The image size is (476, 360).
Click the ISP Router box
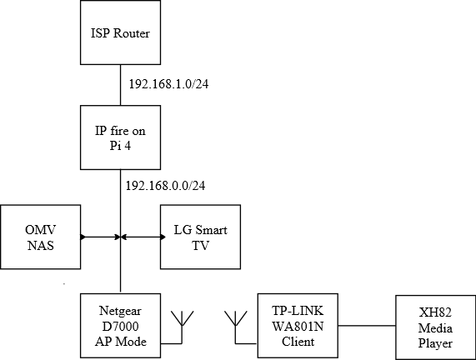pyautogui.click(x=120, y=32)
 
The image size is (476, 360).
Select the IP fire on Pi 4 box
pyautogui.click(x=120, y=137)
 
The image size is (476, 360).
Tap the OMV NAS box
pyautogui.click(x=40, y=237)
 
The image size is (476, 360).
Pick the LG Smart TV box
pyautogui.click(x=200, y=237)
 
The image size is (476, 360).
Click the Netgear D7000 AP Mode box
pyautogui.click(x=120, y=325)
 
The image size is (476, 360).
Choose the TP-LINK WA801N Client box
pyautogui.click(x=298, y=325)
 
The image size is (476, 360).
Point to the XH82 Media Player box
pyautogui.click(x=436, y=327)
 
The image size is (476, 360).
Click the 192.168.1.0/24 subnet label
pyautogui.click(x=168, y=84)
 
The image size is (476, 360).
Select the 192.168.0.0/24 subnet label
pyautogui.click(x=165, y=186)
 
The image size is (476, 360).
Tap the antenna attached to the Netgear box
pyautogui.click(x=182, y=327)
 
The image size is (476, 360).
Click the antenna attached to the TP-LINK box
pyautogui.click(x=236, y=327)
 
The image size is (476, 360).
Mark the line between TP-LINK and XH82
pyautogui.click(x=367, y=326)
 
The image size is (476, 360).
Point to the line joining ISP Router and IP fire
pyautogui.click(x=121, y=85)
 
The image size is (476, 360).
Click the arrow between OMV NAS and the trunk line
pyautogui.click(x=101, y=237)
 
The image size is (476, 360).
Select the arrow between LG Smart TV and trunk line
pyautogui.click(x=143, y=237)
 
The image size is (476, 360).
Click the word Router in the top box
pyautogui.click(x=131, y=33)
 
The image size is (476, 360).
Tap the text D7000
pyautogui.click(x=120, y=327)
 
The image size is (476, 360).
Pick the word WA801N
pyautogui.click(x=298, y=327)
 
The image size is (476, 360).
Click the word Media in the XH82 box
pyautogui.click(x=435, y=328)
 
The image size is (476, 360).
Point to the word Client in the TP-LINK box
pyautogui.click(x=298, y=342)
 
